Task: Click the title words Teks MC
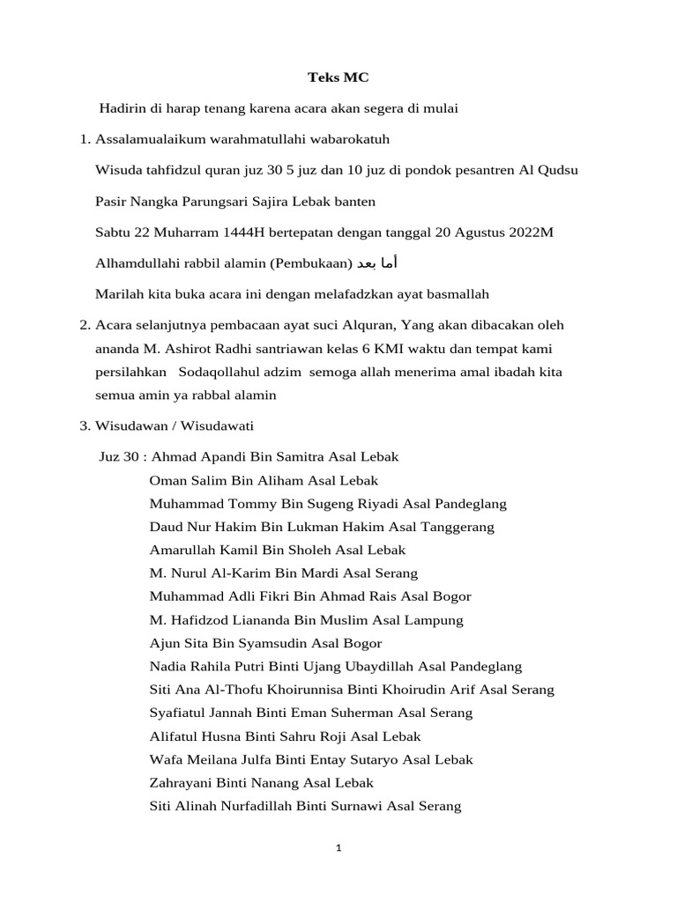(x=338, y=78)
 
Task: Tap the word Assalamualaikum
(x=148, y=139)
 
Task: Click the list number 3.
(x=85, y=425)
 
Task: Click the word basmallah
(x=450, y=293)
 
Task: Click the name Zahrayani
(x=182, y=782)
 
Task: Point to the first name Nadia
(x=167, y=667)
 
